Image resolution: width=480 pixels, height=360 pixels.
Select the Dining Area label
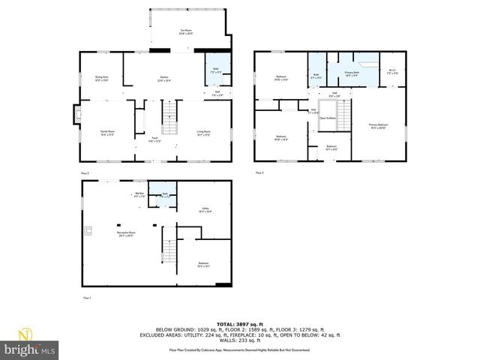[x=102, y=78]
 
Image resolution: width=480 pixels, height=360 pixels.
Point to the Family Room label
[x=107, y=133]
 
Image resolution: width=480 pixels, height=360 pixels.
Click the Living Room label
[x=203, y=133]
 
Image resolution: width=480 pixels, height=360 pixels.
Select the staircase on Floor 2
[x=170, y=113]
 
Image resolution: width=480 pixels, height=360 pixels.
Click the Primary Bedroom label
[x=378, y=125]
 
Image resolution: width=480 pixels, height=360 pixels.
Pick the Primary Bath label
[x=352, y=73]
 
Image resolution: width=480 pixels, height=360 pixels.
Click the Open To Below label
[x=328, y=118]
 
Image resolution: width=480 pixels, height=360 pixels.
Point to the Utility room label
[x=205, y=210]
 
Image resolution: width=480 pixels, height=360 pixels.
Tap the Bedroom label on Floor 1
[x=203, y=263]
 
